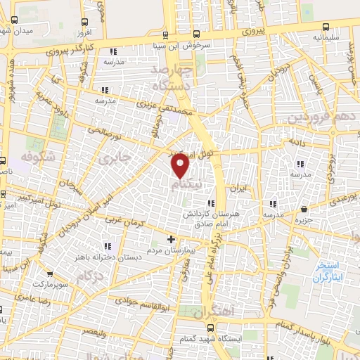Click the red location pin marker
click(x=181, y=165)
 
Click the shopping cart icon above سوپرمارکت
click(x=49, y=275)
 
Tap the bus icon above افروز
click(x=84, y=22)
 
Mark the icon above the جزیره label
click(x=304, y=210)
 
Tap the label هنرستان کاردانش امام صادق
click(x=204, y=217)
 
